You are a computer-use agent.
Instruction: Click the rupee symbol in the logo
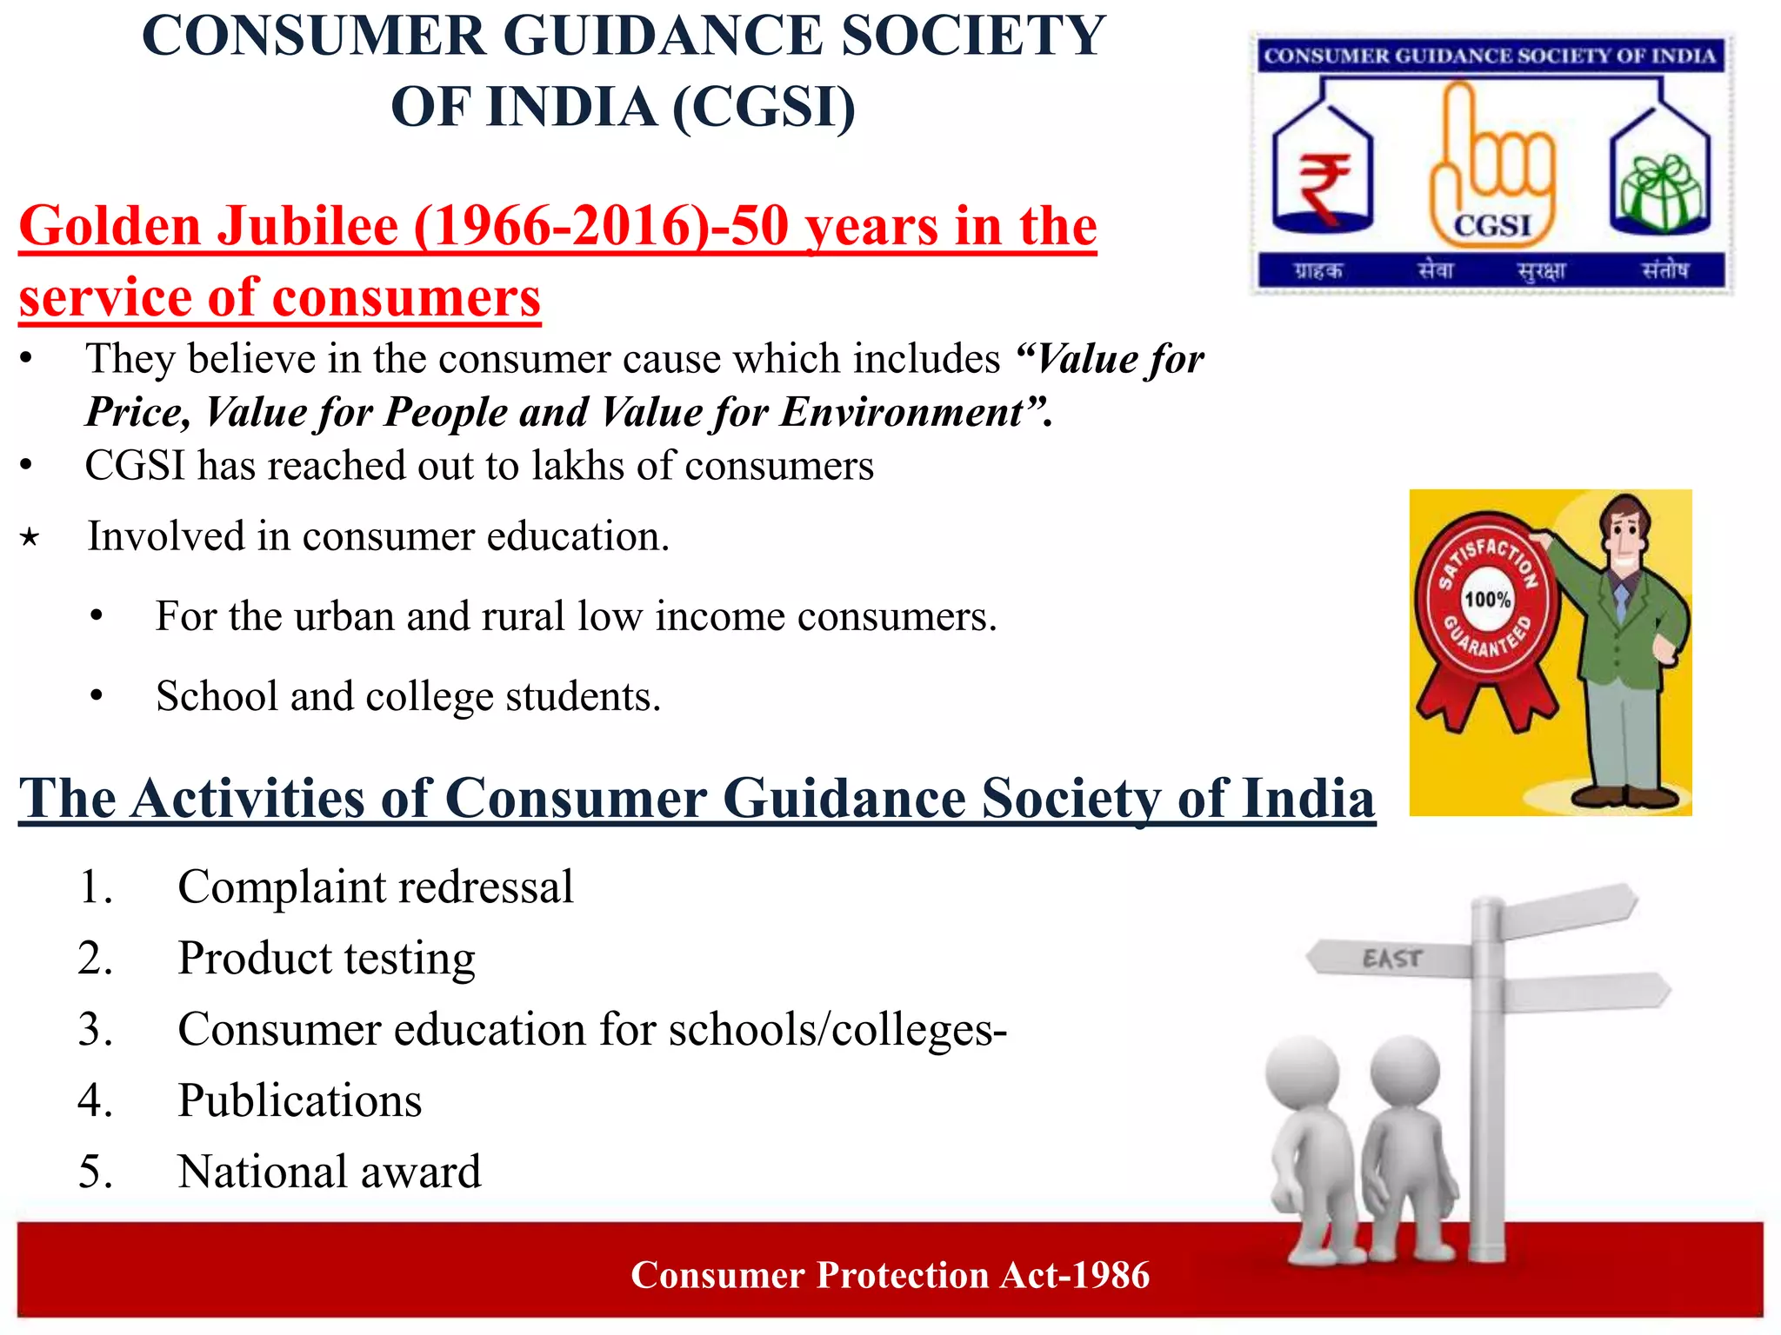click(x=1323, y=187)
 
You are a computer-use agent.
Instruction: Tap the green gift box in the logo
click(x=1661, y=192)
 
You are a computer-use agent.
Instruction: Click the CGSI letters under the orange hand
click(x=1492, y=226)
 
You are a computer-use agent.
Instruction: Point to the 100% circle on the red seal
click(x=1487, y=600)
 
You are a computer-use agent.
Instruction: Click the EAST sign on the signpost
click(x=1392, y=959)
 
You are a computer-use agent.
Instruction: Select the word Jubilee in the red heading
click(x=308, y=226)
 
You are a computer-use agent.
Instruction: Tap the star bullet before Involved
click(x=30, y=538)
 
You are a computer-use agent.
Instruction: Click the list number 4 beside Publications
click(x=95, y=1100)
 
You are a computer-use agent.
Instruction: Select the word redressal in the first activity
click(x=485, y=887)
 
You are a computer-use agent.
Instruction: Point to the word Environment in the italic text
click(x=901, y=412)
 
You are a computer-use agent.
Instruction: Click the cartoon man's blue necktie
click(x=1621, y=599)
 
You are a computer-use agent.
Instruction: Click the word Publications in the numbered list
click(x=300, y=1100)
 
